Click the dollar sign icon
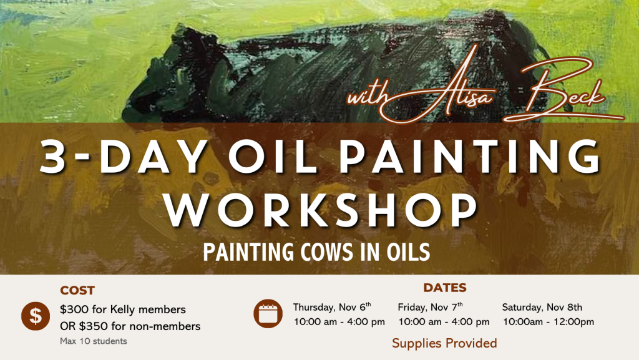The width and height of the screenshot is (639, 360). (x=36, y=316)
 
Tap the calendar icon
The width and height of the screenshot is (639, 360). (x=268, y=314)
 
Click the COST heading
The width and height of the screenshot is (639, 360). (x=77, y=290)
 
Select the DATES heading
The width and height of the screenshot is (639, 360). (x=444, y=288)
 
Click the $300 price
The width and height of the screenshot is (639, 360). (x=74, y=309)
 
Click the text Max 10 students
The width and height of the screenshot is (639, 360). (x=94, y=341)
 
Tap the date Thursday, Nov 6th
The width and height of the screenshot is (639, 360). (x=332, y=306)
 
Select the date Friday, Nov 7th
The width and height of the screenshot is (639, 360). (x=430, y=306)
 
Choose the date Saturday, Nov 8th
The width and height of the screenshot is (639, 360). (x=542, y=307)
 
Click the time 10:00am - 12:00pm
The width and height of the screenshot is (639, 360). (x=549, y=322)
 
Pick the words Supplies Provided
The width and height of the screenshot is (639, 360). (x=444, y=343)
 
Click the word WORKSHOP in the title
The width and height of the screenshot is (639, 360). (x=321, y=210)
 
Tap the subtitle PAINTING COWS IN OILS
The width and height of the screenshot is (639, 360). (x=316, y=252)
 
